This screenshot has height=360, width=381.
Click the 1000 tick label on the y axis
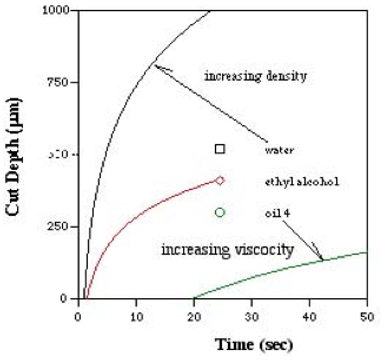coord(58,11)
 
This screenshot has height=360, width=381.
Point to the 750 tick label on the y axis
coord(61,82)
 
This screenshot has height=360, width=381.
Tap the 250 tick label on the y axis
coord(61,226)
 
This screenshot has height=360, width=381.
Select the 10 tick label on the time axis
coord(136,312)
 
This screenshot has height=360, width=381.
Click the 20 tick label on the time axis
coord(194,312)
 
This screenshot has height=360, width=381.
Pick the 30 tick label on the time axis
coord(251,312)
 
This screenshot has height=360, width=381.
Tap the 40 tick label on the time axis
coord(309,312)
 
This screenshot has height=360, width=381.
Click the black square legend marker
coord(220,149)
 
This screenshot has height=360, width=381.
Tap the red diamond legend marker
coord(220,181)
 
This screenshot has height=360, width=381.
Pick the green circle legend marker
coord(220,212)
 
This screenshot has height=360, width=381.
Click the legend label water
coord(279,149)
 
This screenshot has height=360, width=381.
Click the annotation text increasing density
coord(256,76)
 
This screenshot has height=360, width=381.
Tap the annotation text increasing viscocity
coord(227,250)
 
